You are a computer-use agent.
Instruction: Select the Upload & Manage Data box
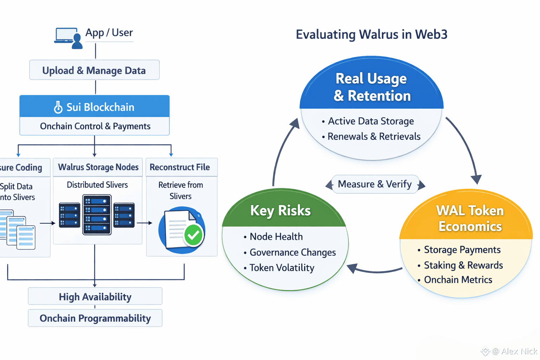(94, 70)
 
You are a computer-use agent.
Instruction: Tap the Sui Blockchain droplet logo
(58, 107)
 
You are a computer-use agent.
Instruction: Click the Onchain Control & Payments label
(95, 126)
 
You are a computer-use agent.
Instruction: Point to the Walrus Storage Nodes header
(98, 167)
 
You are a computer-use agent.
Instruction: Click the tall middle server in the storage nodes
(97, 214)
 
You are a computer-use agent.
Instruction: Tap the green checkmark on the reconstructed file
(193, 235)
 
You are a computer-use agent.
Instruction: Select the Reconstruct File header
(180, 167)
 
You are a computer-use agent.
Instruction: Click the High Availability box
(95, 297)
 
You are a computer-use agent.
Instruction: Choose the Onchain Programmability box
(95, 319)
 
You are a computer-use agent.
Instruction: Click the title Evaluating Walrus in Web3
(371, 34)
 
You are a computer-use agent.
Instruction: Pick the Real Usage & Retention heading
(372, 87)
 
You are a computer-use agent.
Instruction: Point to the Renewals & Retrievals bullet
(374, 136)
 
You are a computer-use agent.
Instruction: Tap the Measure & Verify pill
(375, 184)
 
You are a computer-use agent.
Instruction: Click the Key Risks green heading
(280, 211)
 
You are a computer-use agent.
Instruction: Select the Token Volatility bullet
(282, 268)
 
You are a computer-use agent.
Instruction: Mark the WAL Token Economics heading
(470, 218)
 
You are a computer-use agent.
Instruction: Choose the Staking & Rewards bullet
(463, 265)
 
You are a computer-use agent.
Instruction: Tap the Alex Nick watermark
(514, 351)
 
